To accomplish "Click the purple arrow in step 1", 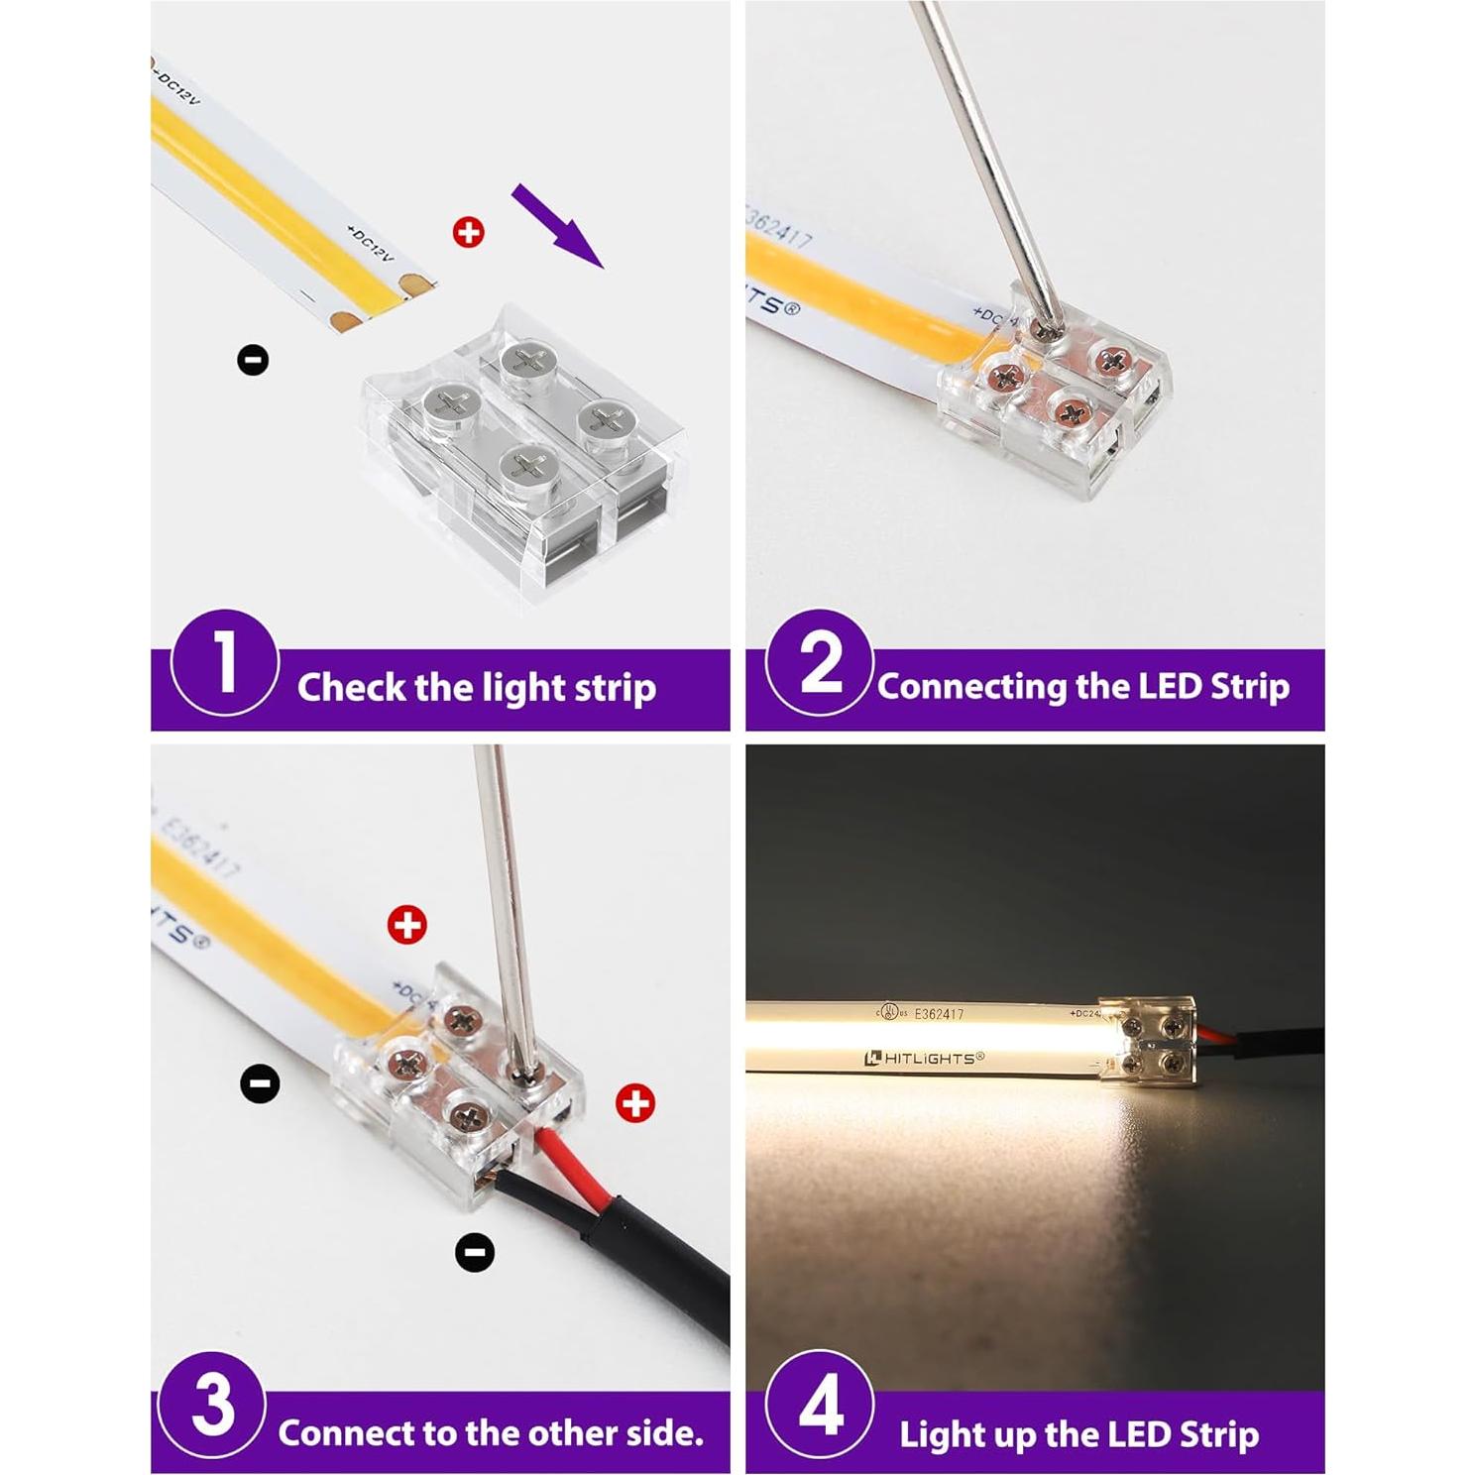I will pos(557,226).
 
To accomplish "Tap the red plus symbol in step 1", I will pos(468,233).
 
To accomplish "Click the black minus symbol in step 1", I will pos(253,359).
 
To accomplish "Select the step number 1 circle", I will pos(224,662).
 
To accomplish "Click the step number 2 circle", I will pos(819,662).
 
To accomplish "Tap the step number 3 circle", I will pos(213,1406).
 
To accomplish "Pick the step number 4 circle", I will pos(820,1406).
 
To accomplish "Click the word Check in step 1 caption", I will pos(352,687).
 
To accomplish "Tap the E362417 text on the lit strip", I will pos(939,1014).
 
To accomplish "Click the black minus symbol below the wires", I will pos(474,1253).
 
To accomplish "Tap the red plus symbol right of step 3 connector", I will pos(634,1102).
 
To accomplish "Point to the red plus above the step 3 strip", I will pos(406,925).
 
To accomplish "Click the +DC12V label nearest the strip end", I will pos(370,244).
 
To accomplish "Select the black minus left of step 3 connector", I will pos(260,1082).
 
